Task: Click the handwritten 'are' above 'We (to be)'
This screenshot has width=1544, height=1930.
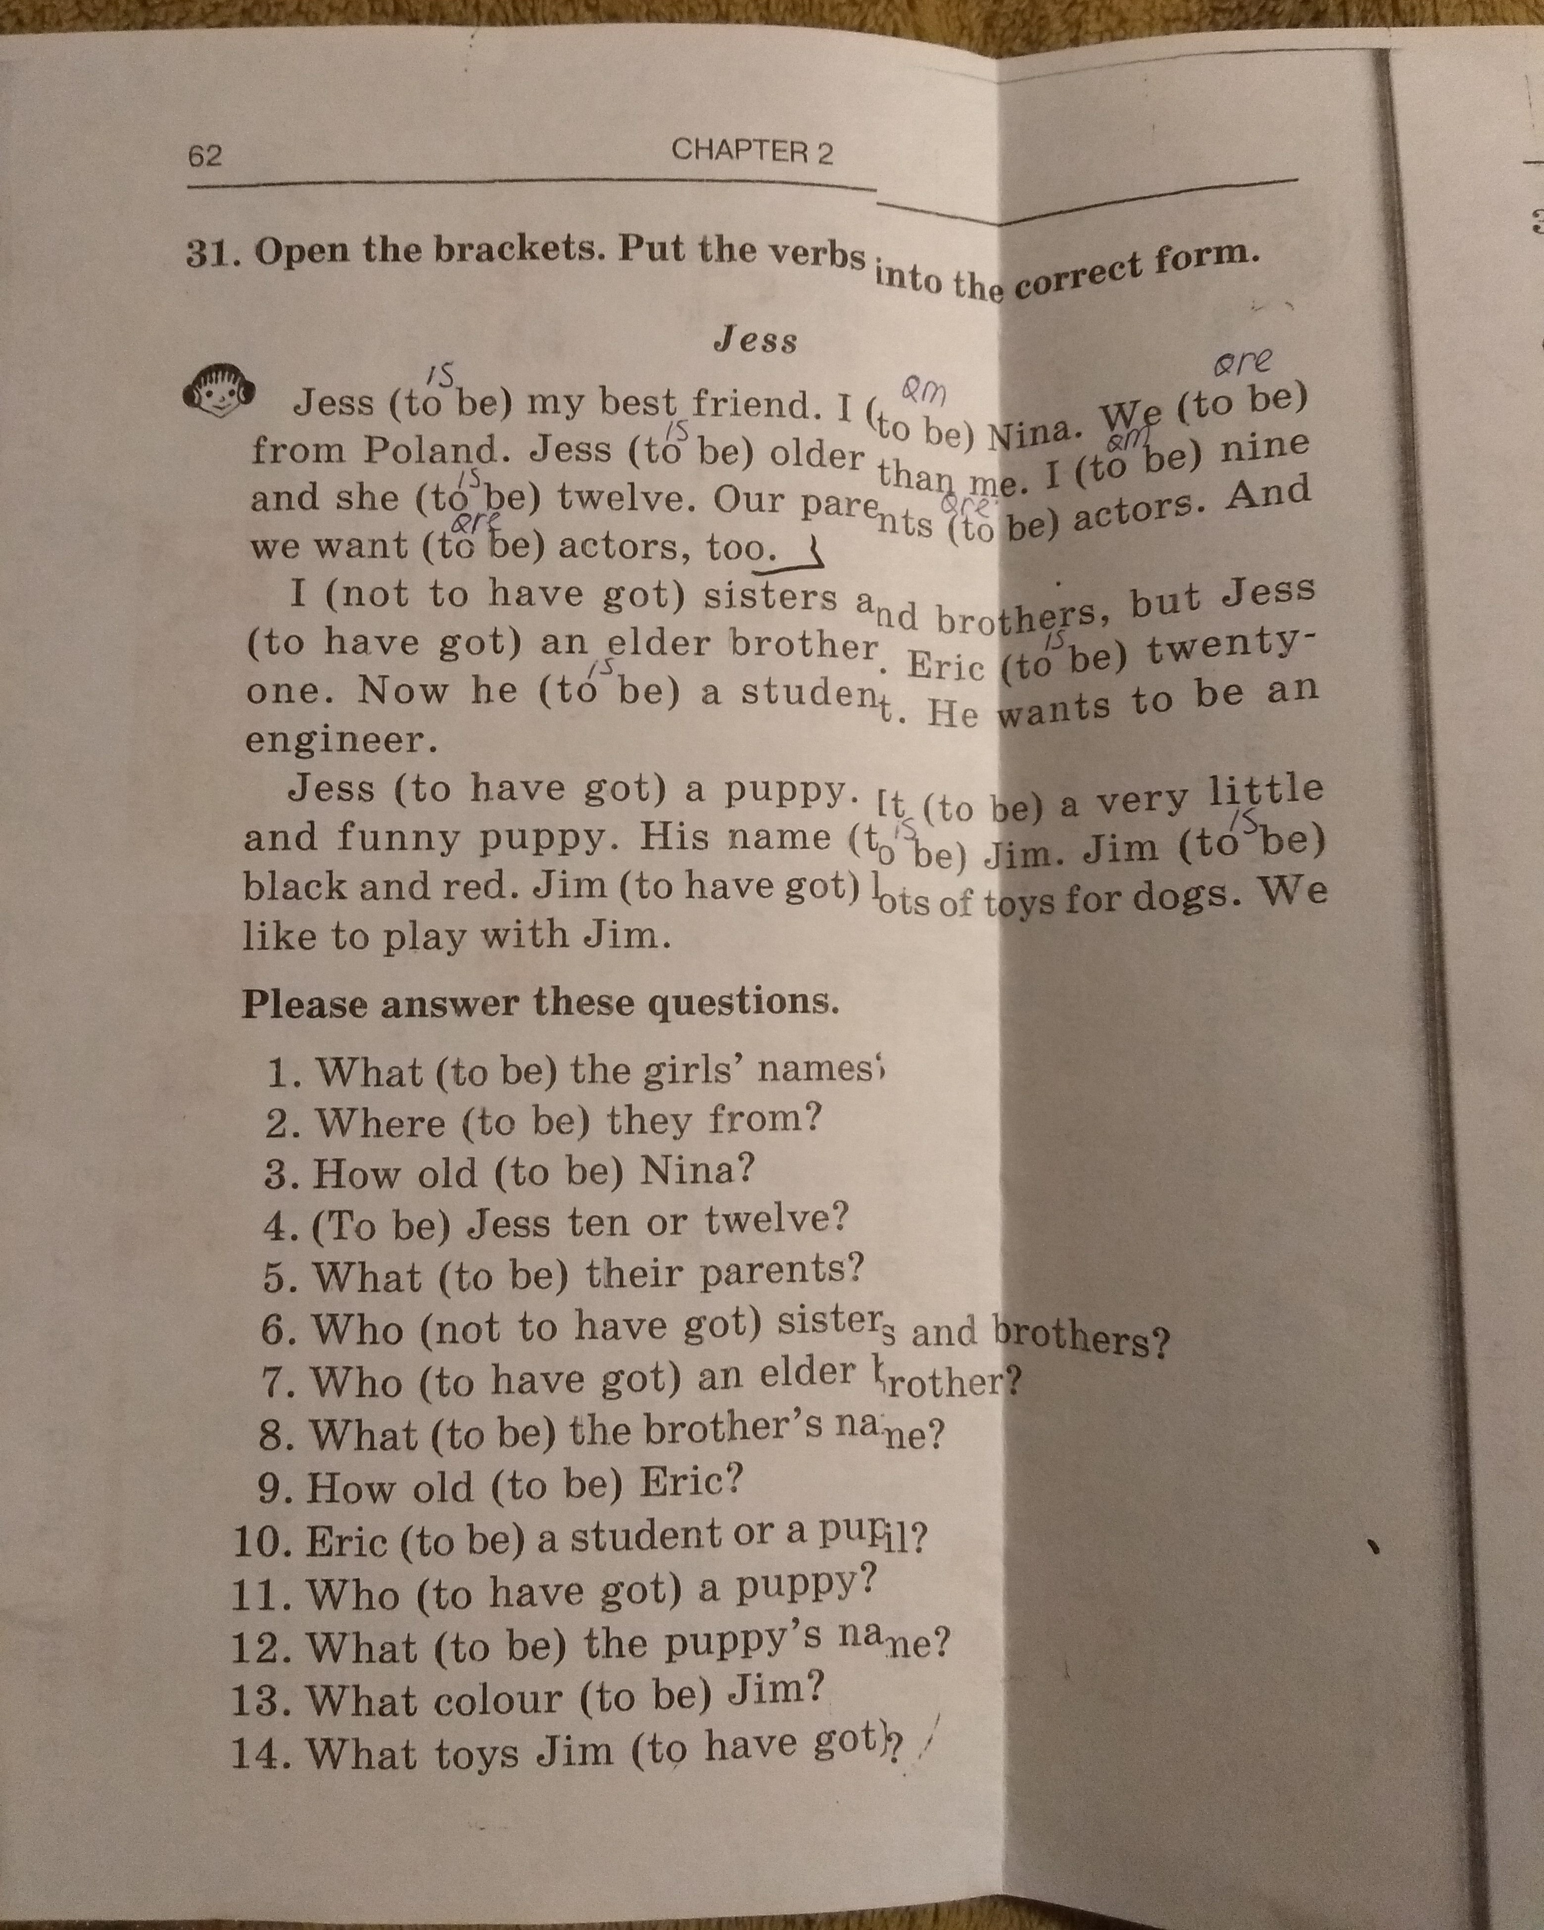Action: pyautogui.click(x=1242, y=363)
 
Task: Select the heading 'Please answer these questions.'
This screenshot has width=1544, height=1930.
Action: pyautogui.click(x=540, y=1004)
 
